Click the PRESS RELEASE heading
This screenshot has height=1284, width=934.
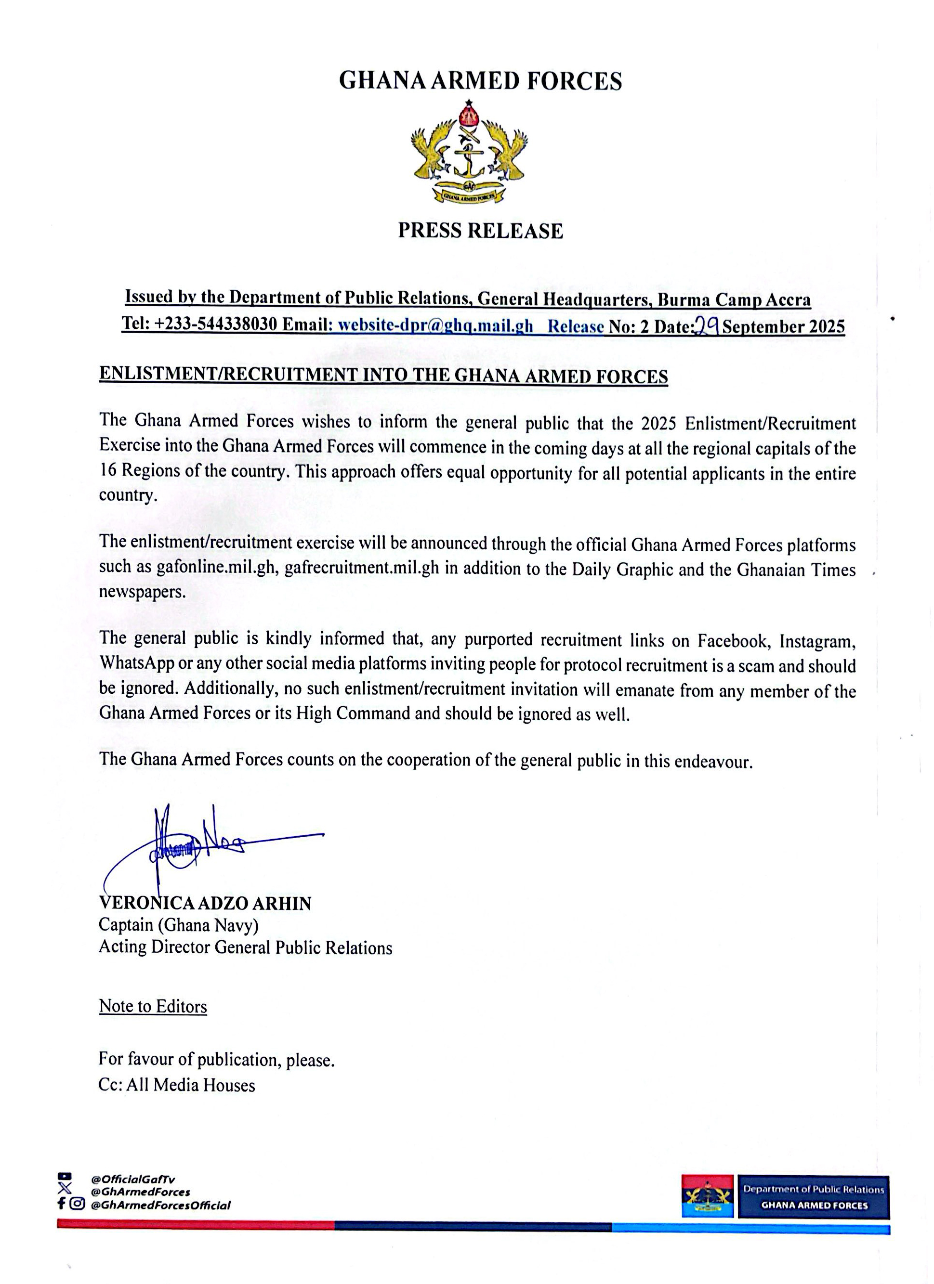pos(480,231)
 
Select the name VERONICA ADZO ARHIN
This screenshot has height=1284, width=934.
pos(205,903)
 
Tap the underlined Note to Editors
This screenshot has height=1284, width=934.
pos(153,1006)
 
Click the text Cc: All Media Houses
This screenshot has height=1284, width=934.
pos(177,1085)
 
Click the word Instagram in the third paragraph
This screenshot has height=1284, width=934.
pos(817,641)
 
